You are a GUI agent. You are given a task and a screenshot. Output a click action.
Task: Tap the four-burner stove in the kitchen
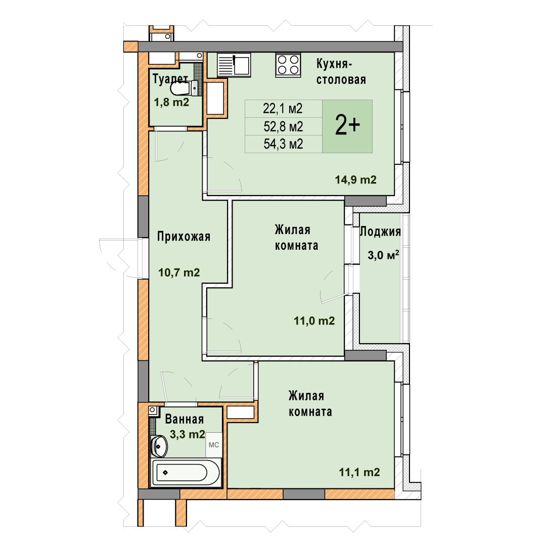288,64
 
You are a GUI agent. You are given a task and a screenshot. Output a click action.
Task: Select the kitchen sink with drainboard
234,64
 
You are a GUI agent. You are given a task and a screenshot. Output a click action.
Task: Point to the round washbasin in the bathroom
159,446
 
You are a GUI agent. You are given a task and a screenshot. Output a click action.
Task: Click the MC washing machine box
214,445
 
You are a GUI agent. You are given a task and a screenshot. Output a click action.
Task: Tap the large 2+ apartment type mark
347,126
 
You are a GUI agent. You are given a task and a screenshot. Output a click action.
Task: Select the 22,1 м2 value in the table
283,109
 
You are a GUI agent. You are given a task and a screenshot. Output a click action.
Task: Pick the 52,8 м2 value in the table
283,126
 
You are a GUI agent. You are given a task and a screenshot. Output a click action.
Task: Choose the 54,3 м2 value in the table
283,144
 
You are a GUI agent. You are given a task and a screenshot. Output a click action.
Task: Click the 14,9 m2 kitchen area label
355,179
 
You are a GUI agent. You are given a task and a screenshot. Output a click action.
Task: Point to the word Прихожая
184,237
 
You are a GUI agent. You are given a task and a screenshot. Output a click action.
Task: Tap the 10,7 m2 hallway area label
179,272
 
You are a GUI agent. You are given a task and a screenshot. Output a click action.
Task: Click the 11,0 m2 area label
314,321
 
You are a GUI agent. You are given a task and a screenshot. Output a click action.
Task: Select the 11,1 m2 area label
359,472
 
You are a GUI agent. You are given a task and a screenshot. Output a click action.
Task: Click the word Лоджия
380,232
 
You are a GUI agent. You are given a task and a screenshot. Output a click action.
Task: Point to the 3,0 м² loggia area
383,255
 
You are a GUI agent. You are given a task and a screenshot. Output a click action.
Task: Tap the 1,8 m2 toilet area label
171,102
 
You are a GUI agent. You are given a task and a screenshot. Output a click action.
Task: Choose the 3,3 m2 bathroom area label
187,434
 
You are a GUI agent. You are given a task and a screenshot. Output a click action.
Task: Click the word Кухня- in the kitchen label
334,64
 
